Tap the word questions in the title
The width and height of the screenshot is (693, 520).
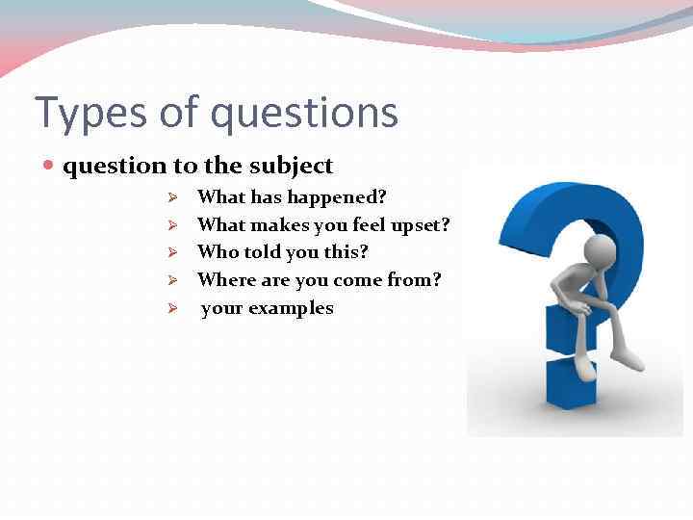(304, 113)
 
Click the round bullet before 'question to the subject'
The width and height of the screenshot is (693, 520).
(50, 166)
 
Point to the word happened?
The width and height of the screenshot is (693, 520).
(339, 197)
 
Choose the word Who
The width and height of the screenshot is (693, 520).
(215, 252)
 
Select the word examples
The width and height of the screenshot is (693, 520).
(291, 309)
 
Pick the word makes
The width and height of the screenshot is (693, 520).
(273, 224)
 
